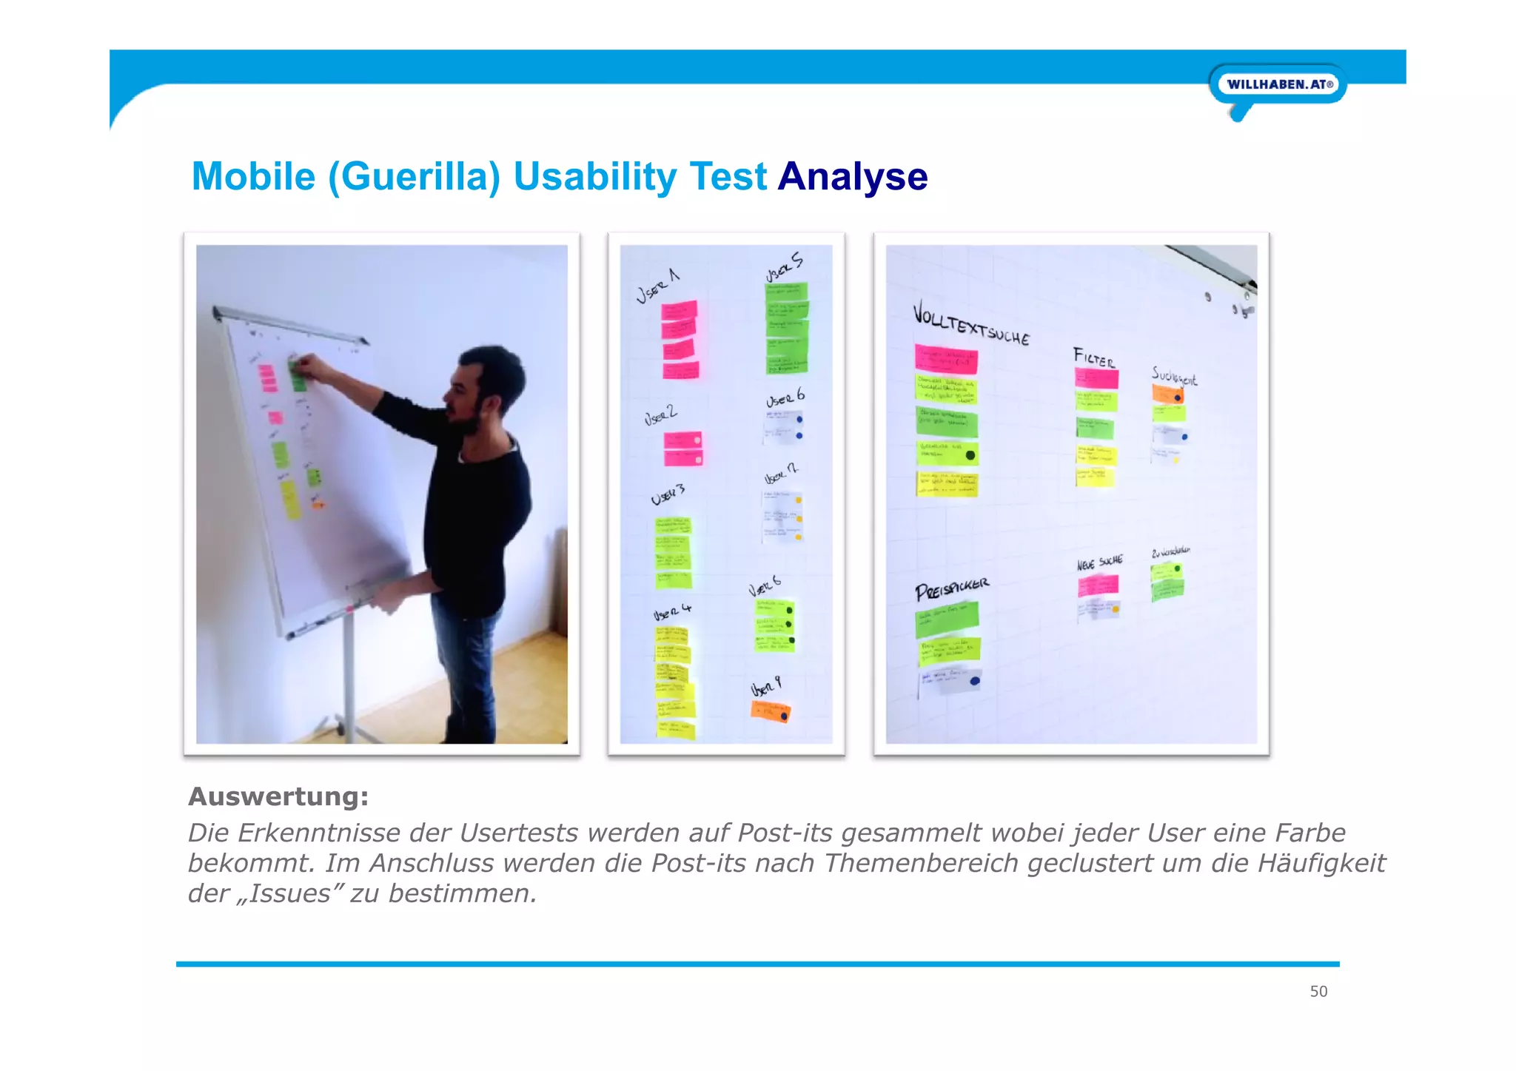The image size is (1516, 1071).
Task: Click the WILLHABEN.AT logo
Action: [x=1278, y=84]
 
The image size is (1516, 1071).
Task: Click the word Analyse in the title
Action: [x=852, y=177]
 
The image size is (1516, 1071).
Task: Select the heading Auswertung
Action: [x=278, y=796]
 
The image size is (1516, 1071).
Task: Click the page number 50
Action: [x=1318, y=991]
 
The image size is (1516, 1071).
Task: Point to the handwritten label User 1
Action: [x=657, y=286]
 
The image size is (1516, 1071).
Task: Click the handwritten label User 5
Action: [x=784, y=266]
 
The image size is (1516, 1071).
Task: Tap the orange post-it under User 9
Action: [x=770, y=712]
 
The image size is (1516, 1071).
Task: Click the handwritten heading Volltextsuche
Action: [x=970, y=324]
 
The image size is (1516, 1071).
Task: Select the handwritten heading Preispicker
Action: [x=951, y=590]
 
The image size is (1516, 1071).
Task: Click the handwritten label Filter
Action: [x=1094, y=358]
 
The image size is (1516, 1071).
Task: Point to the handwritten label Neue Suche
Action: [x=1099, y=563]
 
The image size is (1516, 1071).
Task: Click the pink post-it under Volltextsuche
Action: [x=946, y=359]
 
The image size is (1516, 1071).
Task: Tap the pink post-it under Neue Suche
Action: [x=1097, y=585]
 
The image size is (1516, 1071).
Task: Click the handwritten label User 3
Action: [x=668, y=495]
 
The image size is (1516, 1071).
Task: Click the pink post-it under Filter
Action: [x=1096, y=378]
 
